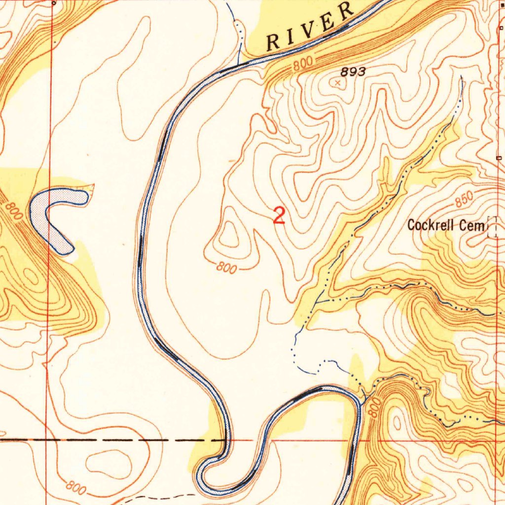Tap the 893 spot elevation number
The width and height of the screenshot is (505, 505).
pyautogui.click(x=353, y=72)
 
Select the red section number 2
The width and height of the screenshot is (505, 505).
pyautogui.click(x=279, y=216)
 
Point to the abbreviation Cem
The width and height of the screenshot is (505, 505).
pyautogui.click(x=472, y=225)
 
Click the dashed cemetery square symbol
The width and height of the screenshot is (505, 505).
pyautogui.click(x=492, y=227)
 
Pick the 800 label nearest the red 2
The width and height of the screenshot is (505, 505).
pyautogui.click(x=226, y=268)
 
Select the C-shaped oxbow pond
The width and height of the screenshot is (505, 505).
pyautogui.click(x=54, y=217)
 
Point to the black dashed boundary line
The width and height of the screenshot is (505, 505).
pyautogui.click(x=123, y=438)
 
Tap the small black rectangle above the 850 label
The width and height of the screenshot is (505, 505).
pyautogui.click(x=500, y=158)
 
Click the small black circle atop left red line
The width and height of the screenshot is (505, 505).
pyautogui.click(x=53, y=2)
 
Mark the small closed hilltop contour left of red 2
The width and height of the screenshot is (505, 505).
pyautogui.click(x=229, y=235)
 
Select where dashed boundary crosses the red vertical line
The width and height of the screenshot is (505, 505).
pyautogui.click(x=47, y=438)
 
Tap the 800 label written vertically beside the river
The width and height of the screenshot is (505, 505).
pyautogui.click(x=374, y=408)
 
